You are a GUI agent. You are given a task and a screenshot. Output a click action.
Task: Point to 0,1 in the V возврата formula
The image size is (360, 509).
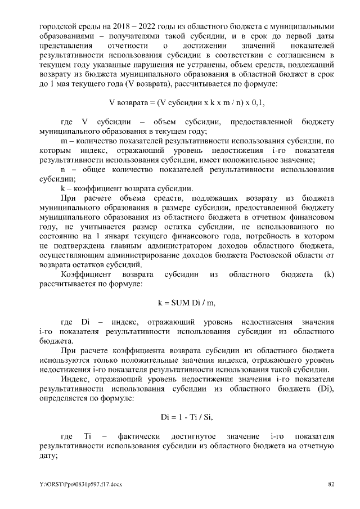[x=258, y=102]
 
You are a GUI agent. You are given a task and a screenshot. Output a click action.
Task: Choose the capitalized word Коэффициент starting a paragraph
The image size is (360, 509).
[x=84, y=275]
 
